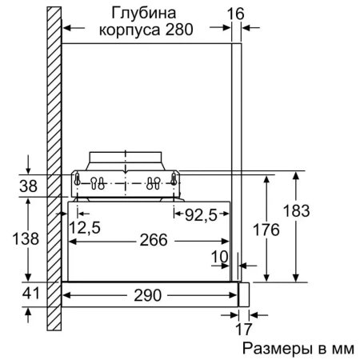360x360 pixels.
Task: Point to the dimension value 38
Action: pos(29,186)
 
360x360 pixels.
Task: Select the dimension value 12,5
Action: pos(85,228)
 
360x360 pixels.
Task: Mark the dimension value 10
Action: pos(219,258)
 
